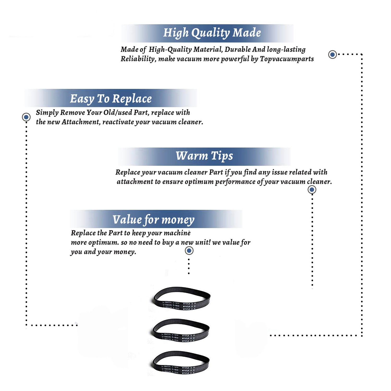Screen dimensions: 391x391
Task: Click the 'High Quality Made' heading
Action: [212, 33]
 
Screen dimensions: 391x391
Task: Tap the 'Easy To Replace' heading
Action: [111, 99]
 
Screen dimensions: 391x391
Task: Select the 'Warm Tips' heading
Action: [204, 156]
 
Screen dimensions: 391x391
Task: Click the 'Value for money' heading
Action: [153, 219]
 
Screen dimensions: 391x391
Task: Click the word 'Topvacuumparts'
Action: [287, 59]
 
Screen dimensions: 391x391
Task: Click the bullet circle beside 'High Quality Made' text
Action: [332, 54]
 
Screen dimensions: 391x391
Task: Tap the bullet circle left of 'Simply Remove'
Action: [26, 117]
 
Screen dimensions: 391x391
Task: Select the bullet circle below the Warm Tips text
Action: [312, 190]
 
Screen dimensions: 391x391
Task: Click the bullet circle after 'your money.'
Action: [189, 251]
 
